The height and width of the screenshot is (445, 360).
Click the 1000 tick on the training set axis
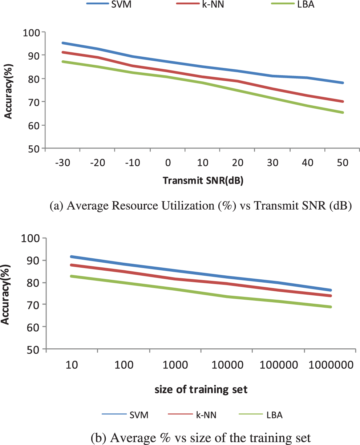(x=175, y=365)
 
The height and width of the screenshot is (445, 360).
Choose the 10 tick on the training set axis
(x=72, y=365)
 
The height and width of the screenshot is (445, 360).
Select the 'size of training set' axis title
(x=201, y=390)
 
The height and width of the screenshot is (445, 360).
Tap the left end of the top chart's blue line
(x=62, y=43)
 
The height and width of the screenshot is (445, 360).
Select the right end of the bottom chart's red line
(x=331, y=296)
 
